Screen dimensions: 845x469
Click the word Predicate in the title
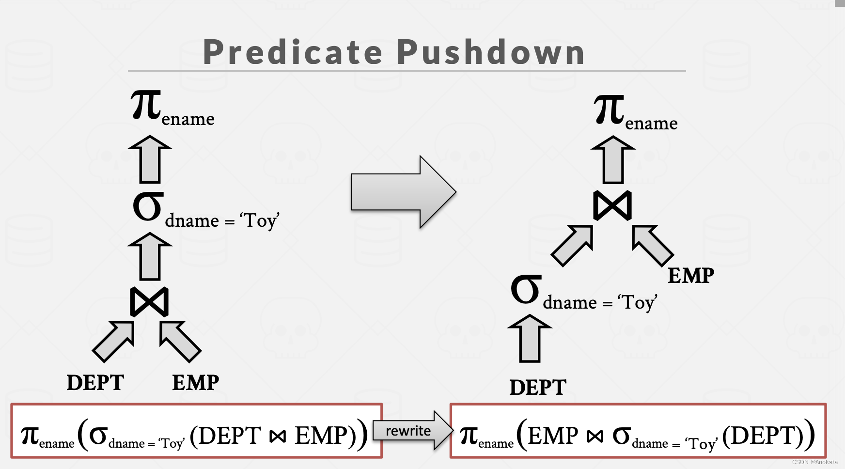[293, 52]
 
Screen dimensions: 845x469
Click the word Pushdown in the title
[490, 52]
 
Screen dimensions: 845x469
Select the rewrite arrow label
[408, 431]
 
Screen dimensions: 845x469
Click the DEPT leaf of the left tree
[95, 383]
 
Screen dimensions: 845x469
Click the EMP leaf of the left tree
[196, 383]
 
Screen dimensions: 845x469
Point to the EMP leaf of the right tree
[691, 276]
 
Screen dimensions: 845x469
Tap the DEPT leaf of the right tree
[538, 388]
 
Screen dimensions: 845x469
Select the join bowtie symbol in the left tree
[149, 302]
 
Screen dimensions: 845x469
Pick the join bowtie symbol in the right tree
[612, 205]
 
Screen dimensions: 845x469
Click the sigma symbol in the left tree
[147, 207]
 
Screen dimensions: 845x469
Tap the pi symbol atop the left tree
[146, 105]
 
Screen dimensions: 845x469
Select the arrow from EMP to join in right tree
[652, 245]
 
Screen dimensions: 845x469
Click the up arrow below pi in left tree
[150, 160]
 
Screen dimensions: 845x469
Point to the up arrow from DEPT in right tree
[530, 339]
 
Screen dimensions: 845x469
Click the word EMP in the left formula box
[321, 435]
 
